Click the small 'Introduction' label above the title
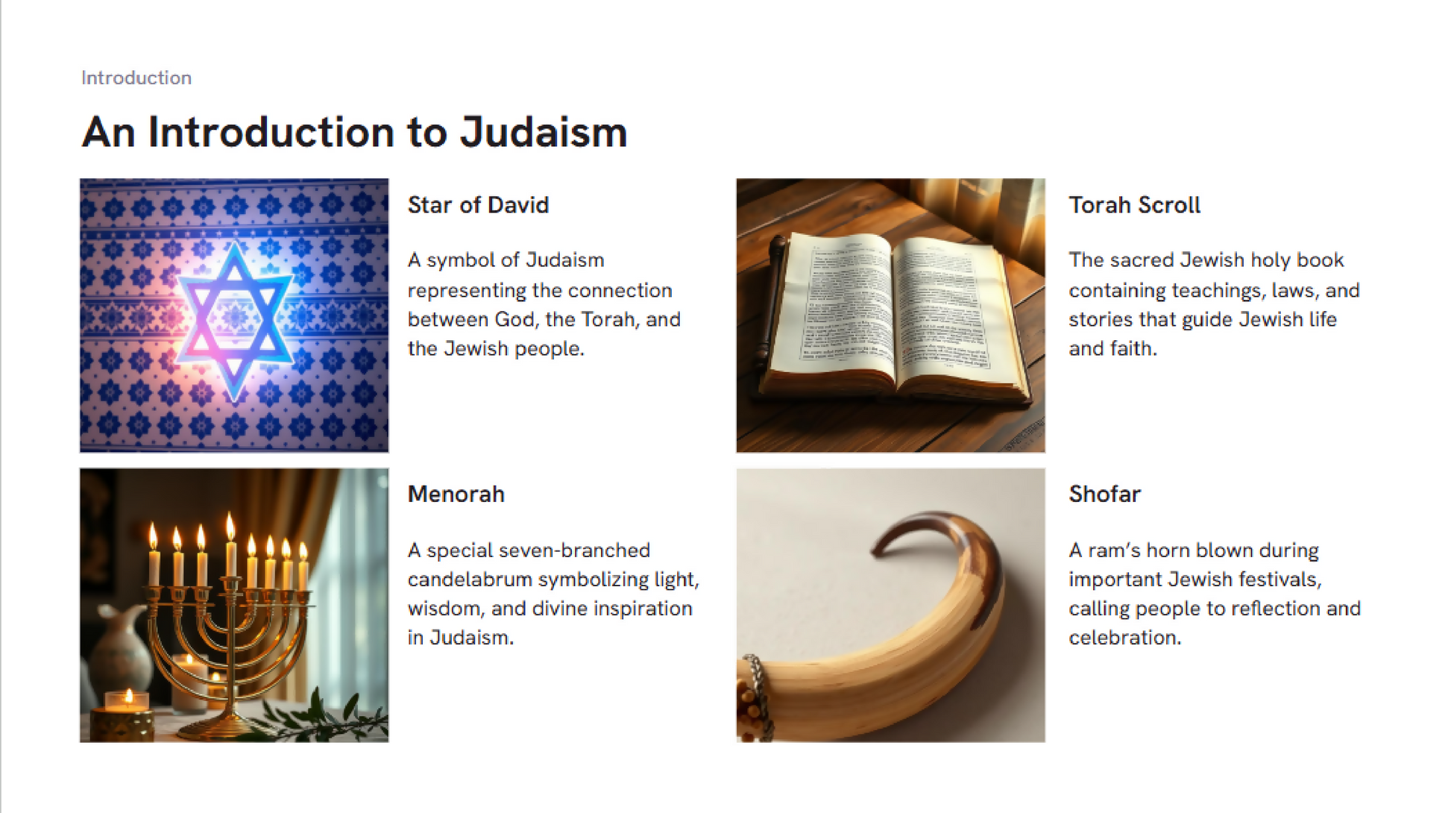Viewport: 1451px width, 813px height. tap(136, 78)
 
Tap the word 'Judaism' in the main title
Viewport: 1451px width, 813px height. tap(543, 132)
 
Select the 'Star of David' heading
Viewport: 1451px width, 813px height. tap(478, 205)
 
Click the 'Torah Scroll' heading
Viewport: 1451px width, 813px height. tap(1134, 205)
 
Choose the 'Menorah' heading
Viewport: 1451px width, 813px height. tap(456, 494)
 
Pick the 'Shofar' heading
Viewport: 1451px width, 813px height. tap(1104, 494)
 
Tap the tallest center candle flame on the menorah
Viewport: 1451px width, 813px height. tap(230, 526)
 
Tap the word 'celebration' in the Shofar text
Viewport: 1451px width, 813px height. tap(1124, 638)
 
